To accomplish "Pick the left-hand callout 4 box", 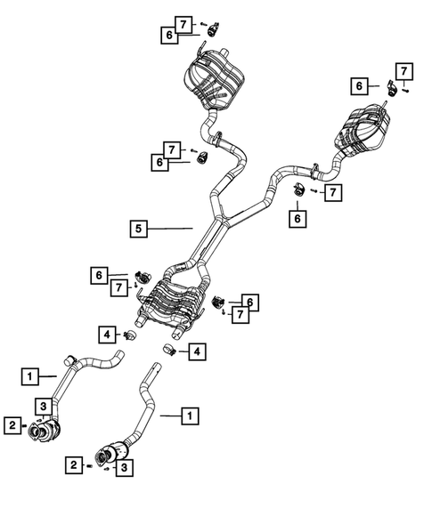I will point(106,335).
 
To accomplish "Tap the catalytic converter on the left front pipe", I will point(44,430).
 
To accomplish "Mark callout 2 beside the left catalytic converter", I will point(12,425).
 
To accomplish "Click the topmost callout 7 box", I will point(183,24).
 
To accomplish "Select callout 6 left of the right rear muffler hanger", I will point(360,86).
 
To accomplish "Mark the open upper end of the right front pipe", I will point(153,368).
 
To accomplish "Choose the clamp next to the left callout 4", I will point(128,335).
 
